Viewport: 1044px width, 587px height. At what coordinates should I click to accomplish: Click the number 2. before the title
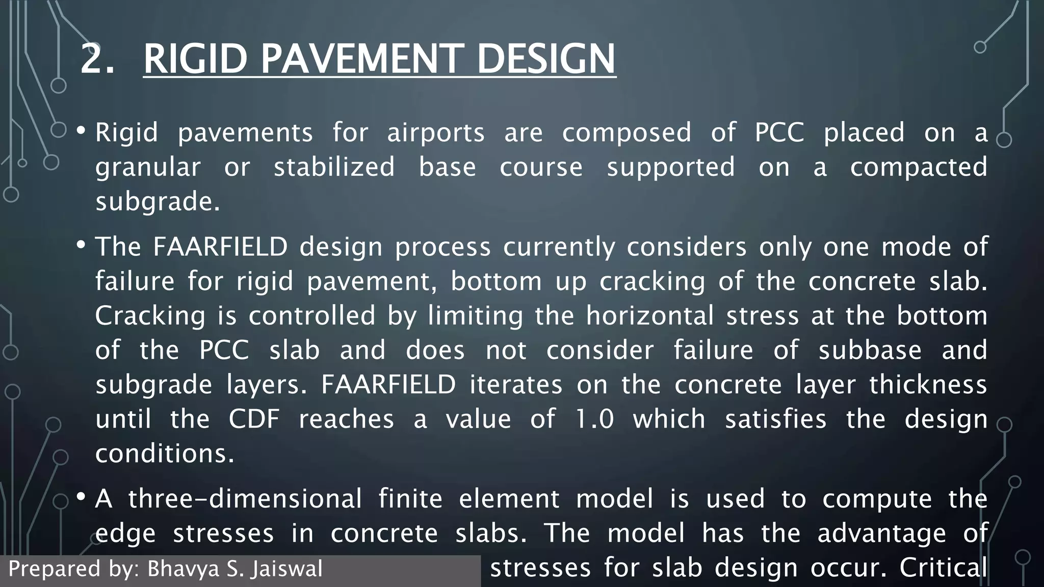tap(97, 59)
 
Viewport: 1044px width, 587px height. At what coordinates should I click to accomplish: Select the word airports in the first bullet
tap(436, 133)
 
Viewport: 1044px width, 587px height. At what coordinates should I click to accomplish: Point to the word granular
tap(148, 168)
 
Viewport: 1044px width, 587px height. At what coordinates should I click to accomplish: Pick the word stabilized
tap(334, 167)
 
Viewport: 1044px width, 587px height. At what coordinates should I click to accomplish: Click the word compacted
tap(919, 168)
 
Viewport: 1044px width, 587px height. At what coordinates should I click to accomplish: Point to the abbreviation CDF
tap(254, 419)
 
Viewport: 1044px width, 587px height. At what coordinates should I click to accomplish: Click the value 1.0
tap(594, 419)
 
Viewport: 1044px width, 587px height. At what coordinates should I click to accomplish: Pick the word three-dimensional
tap(245, 499)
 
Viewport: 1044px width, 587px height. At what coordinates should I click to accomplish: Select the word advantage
tap(882, 533)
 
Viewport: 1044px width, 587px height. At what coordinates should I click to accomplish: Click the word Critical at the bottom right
tap(943, 568)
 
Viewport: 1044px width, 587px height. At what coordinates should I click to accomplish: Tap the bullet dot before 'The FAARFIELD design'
tap(81, 245)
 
